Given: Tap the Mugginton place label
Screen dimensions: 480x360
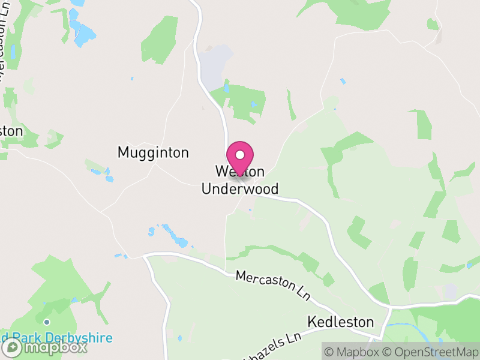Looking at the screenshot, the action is (153, 152).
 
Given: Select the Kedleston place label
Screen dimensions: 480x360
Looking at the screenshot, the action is (340, 322).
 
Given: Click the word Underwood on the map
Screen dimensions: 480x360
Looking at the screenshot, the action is (240, 190).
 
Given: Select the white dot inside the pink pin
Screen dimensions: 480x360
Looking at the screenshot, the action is (240, 155).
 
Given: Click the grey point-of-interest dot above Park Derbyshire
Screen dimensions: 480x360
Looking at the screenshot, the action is (46, 322).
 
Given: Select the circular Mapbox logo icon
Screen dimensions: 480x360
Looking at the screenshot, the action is (13, 347).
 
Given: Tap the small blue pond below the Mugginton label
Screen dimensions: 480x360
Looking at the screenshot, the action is (109, 178).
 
